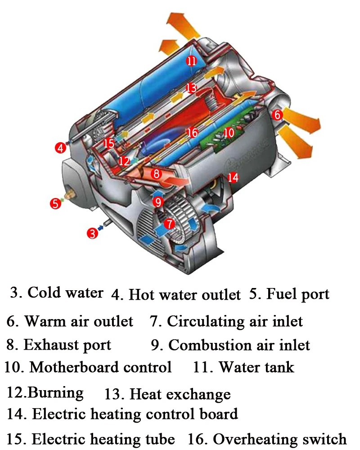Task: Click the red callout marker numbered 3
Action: tap(92, 233)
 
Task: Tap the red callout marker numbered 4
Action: tap(61, 147)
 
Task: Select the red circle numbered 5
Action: tap(55, 203)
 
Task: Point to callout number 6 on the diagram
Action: tap(278, 115)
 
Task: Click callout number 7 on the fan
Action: tap(169, 223)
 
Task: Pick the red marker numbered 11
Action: tap(192, 61)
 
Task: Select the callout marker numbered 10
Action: tap(229, 132)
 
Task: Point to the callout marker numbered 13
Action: tap(191, 88)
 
